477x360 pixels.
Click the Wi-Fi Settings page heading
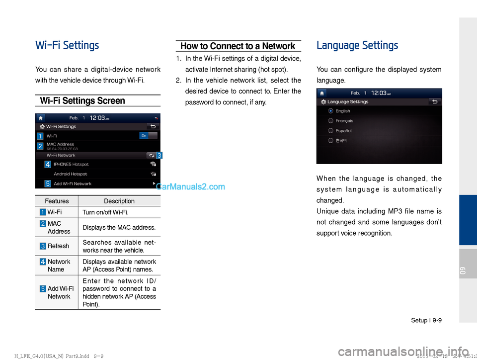pyautogui.click(x=67, y=46)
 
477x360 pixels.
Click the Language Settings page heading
pyautogui.click(x=357, y=46)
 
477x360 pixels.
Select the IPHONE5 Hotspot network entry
pyautogui.click(x=71, y=164)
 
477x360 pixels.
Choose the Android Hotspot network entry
pyautogui.click(x=70, y=174)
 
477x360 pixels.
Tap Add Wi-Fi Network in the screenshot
pyautogui.click(x=72, y=183)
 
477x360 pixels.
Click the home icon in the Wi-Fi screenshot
pyautogui.click(x=41, y=118)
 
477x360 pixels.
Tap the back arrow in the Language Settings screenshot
pyautogui.click(x=435, y=101)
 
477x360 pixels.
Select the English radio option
pyautogui.click(x=331, y=111)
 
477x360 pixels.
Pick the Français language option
pyautogui.click(x=331, y=120)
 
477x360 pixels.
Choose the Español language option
pyautogui.click(x=331, y=131)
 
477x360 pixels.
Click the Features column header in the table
pyautogui.click(x=57, y=201)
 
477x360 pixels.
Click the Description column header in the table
pyautogui.click(x=119, y=201)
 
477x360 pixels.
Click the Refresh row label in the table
pyautogui.click(x=58, y=246)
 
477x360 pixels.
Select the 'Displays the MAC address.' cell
pyautogui.click(x=119, y=228)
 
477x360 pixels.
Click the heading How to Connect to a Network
pyautogui.click(x=238, y=46)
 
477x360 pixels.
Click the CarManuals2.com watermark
pyautogui.click(x=190, y=187)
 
